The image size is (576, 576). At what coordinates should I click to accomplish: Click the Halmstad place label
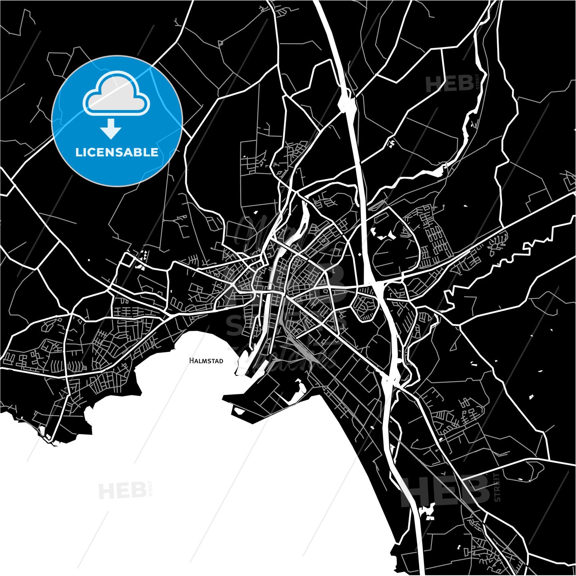(206, 361)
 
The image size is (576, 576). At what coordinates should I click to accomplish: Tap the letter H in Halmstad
(191, 361)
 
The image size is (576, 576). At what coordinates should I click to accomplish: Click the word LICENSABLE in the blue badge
(117, 152)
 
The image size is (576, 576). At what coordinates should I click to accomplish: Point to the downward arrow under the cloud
(111, 129)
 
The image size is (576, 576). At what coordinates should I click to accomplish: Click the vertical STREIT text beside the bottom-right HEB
(497, 487)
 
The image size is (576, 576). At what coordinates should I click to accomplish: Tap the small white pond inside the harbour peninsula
(240, 411)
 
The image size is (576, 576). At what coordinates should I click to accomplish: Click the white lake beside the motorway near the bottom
(427, 511)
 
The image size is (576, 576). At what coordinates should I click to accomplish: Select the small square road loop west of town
(128, 260)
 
